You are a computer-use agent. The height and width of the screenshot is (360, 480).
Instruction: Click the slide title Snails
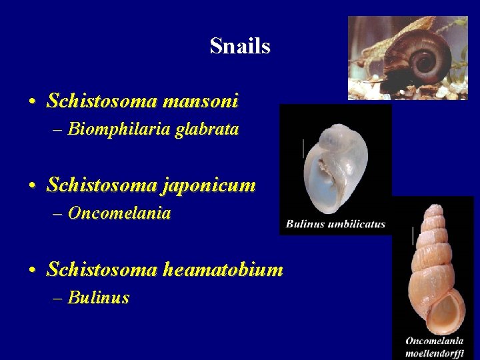239,46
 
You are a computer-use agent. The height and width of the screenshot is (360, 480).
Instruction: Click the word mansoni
200,101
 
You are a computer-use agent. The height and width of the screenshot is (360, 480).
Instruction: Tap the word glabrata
207,129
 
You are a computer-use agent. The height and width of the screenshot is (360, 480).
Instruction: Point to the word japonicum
209,185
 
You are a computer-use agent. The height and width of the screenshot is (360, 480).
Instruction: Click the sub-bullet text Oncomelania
119,213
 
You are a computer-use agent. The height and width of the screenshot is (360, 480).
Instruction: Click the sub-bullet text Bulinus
99,298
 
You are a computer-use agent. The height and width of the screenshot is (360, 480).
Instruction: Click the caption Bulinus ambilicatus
335,224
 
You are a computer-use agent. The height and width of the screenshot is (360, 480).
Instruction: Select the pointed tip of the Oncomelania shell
433,206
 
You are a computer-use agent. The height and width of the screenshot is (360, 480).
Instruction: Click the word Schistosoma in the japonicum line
101,185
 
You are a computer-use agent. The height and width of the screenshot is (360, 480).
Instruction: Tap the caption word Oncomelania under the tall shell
435,341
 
